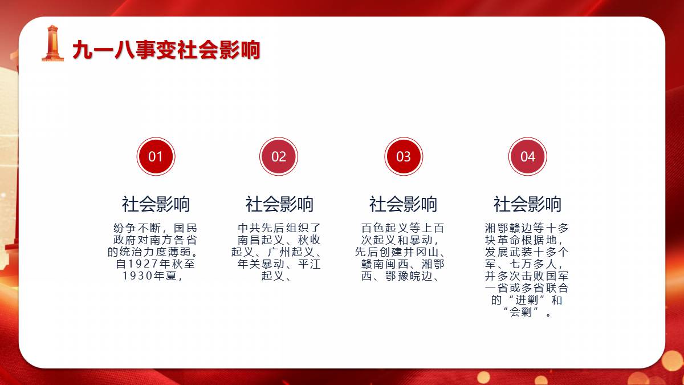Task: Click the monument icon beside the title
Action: [x=53, y=43]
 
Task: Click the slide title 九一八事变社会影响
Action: [x=166, y=50]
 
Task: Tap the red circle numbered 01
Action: [x=156, y=156]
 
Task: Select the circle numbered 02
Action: [x=279, y=156]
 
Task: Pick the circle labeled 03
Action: [x=404, y=156]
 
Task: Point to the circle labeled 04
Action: [x=528, y=156]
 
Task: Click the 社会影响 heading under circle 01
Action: [x=156, y=204]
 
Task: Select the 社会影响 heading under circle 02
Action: [x=279, y=204]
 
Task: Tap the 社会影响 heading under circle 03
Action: [x=403, y=204]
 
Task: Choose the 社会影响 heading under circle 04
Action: [x=527, y=204]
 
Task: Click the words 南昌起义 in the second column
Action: [x=261, y=240]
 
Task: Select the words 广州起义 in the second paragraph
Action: [x=291, y=252]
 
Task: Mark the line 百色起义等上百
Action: [x=403, y=228]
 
